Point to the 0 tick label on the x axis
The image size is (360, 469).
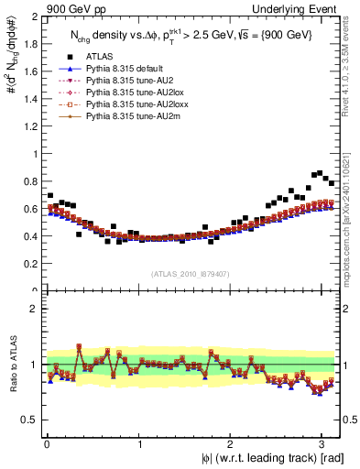point(46,444)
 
